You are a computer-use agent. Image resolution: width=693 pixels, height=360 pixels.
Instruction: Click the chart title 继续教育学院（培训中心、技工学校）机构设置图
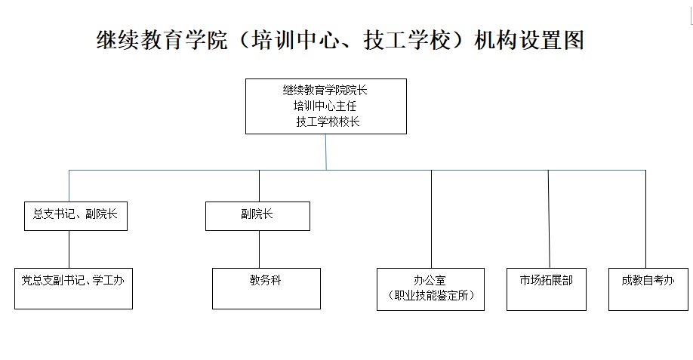[340, 40]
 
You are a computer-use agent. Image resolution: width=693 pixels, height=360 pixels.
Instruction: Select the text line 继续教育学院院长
[325, 90]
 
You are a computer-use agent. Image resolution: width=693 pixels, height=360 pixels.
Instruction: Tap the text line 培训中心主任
[325, 106]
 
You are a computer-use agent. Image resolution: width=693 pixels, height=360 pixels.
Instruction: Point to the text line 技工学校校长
[328, 122]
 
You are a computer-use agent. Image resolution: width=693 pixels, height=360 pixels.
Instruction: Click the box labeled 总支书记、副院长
[75, 216]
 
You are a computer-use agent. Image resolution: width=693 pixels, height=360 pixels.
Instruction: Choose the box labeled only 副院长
[257, 216]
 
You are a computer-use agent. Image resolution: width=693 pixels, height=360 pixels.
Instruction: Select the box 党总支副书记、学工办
[73, 288]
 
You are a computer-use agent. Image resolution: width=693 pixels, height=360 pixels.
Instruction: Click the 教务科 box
[266, 288]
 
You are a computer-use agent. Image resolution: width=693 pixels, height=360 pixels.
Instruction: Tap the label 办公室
[430, 281]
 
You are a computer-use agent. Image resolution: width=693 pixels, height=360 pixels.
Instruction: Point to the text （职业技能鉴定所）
[431, 295]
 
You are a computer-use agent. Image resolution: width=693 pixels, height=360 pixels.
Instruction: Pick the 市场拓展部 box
[547, 289]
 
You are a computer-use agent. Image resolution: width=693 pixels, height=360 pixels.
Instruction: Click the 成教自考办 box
[648, 289]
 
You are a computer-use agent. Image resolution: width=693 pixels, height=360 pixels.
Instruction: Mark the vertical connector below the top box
[326, 152]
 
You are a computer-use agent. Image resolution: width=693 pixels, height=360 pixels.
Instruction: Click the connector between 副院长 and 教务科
[260, 249]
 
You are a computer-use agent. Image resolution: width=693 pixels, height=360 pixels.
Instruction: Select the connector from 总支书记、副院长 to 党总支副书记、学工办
[69, 249]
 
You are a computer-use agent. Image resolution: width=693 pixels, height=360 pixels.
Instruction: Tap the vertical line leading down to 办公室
[431, 219]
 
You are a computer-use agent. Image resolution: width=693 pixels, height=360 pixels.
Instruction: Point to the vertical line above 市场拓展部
[549, 219]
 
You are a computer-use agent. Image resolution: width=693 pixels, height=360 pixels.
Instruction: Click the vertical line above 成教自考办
[645, 219]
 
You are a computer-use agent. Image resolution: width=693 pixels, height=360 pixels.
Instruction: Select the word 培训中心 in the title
[296, 40]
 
